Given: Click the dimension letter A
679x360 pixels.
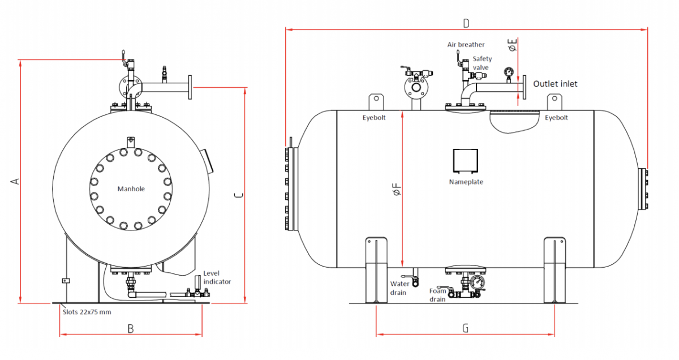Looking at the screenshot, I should pos(15,181).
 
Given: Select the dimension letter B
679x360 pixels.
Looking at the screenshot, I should pos(130,328).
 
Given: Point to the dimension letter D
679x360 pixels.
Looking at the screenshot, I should pos(466,23).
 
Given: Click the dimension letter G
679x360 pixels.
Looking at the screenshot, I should pos(465,328).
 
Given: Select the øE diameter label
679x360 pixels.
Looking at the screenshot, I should pos(513,45).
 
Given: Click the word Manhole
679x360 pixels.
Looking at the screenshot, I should pos(131,188).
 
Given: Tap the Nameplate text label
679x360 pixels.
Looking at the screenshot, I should pos(466,182).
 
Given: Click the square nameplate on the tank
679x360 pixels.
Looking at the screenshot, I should pos(466,161).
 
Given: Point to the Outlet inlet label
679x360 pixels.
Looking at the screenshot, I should pos(556,84).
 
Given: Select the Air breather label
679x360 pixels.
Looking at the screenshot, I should pos(466,44).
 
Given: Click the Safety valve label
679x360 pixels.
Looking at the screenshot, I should pos(482,63).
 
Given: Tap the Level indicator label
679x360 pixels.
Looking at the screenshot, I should pos(217,277).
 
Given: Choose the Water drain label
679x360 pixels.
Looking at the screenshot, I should pos(400,288).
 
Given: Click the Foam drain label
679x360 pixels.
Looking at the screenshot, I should pos(437,295).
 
